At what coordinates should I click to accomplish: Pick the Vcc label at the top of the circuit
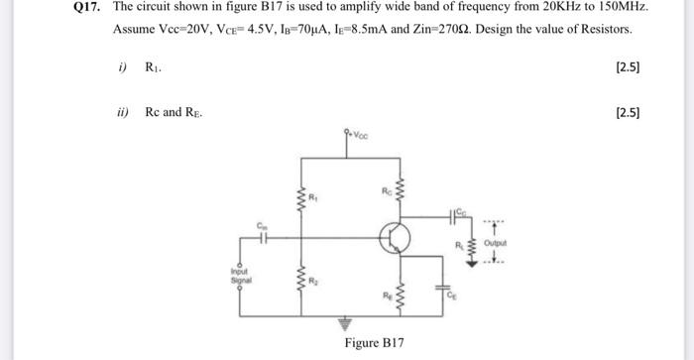tap(355, 132)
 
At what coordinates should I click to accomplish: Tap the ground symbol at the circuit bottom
tap(346, 322)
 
